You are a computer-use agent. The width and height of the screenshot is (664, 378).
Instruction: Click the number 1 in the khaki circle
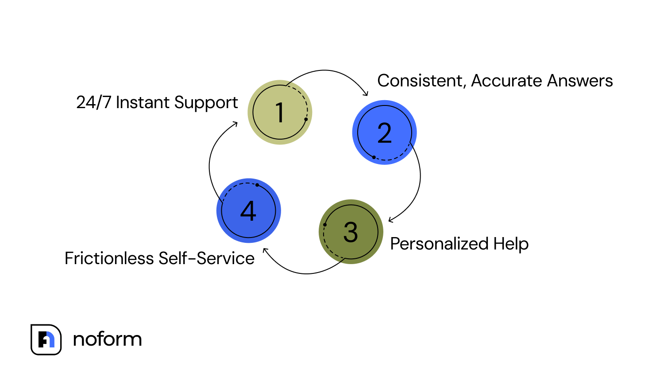pyautogui.click(x=279, y=113)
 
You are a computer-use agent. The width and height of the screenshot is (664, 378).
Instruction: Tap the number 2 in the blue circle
pyautogui.click(x=384, y=133)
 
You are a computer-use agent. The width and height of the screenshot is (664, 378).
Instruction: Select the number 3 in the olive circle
pyautogui.click(x=351, y=232)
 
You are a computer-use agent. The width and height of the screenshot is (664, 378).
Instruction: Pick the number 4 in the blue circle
pyautogui.click(x=248, y=211)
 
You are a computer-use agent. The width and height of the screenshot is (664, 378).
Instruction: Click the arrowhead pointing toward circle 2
pyautogui.click(x=366, y=94)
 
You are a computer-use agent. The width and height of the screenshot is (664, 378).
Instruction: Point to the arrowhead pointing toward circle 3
pyautogui.click(x=390, y=220)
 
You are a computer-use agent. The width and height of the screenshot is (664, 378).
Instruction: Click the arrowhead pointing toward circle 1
pyautogui.click(x=235, y=124)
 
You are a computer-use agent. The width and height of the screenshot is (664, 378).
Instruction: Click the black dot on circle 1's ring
pyautogui.click(x=306, y=119)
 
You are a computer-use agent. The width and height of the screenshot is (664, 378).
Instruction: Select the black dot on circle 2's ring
pyautogui.click(x=374, y=157)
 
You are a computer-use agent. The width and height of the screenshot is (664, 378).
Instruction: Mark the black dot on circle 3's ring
pyautogui.click(x=325, y=225)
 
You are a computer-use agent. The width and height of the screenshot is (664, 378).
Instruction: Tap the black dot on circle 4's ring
pyautogui.click(x=257, y=185)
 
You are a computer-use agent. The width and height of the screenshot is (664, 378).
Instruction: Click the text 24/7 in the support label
pyautogui.click(x=94, y=102)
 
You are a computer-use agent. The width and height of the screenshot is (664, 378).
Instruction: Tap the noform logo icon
pyautogui.click(x=46, y=339)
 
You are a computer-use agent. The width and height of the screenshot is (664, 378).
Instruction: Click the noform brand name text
pyautogui.click(x=107, y=339)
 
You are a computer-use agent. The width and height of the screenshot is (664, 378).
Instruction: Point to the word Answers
pyautogui.click(x=580, y=81)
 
